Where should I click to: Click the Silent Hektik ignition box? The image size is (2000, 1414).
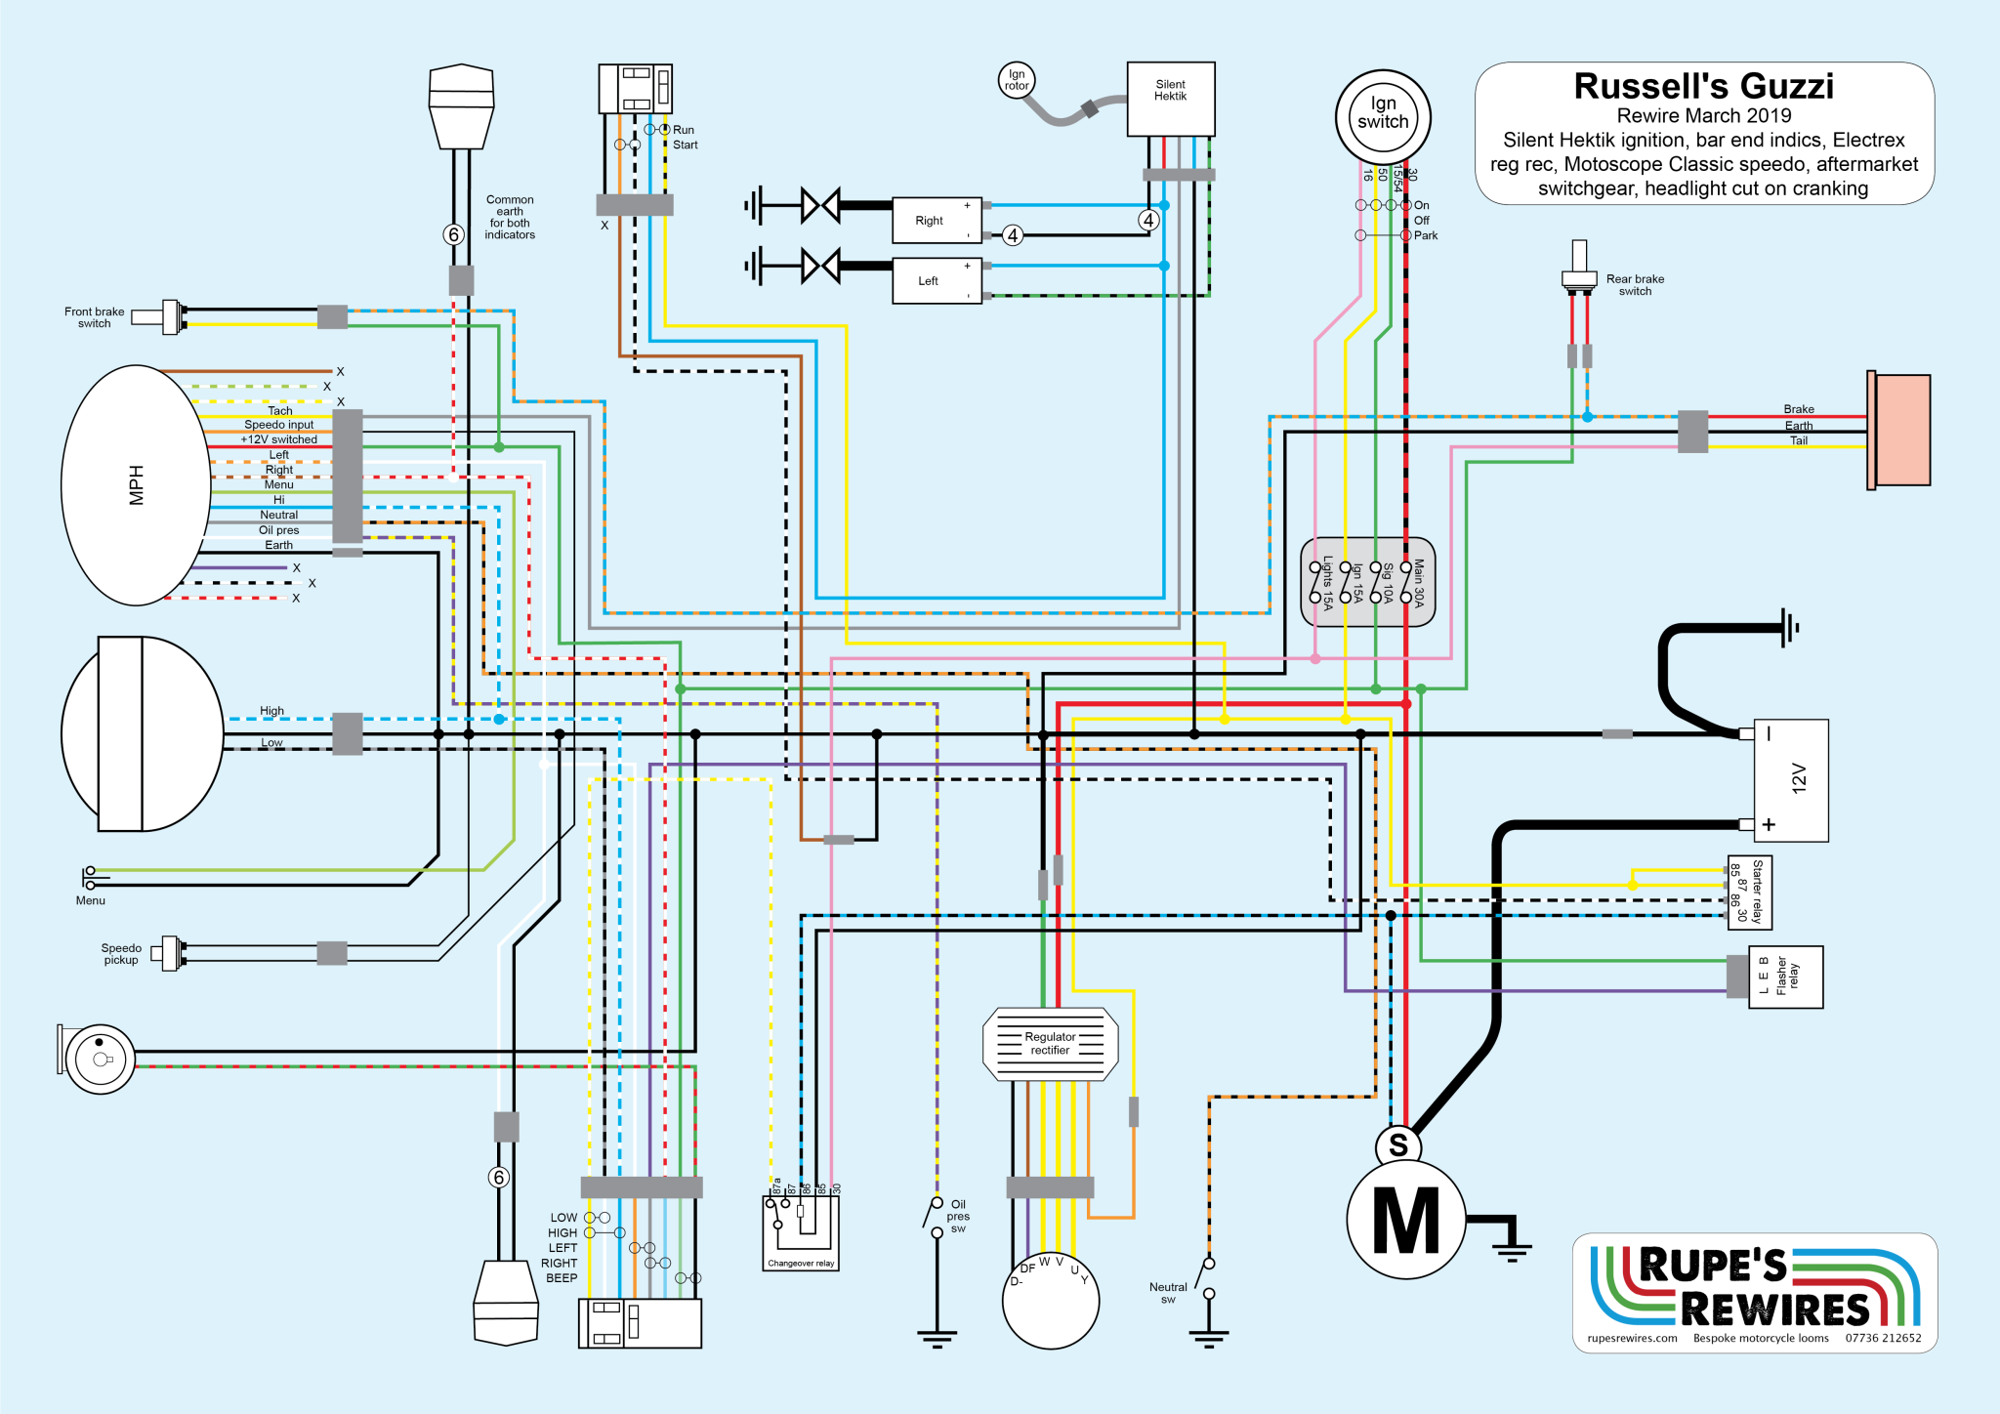1170,99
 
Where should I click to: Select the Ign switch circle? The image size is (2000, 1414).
1383,116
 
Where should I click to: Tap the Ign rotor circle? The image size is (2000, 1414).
1017,80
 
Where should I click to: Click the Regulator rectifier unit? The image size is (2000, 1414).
1050,1044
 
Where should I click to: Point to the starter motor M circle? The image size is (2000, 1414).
1405,1220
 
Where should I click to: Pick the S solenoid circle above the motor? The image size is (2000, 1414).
1398,1145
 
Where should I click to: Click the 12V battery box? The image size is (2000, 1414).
1791,779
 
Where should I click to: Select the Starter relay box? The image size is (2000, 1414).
1749,893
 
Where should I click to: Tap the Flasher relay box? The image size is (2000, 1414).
1785,977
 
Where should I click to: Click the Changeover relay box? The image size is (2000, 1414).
801,1233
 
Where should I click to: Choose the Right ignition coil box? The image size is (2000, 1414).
937,221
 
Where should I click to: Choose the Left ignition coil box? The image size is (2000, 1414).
937,281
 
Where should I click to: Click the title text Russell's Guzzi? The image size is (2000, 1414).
1703,87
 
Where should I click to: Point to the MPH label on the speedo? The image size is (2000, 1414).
137,485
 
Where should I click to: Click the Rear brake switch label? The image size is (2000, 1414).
1635,285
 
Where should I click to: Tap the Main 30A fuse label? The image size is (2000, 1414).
1419,583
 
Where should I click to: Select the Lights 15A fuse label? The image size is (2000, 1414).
1327,583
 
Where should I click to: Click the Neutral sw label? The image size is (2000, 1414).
1168,1293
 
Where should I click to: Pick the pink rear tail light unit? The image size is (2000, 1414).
1901,430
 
